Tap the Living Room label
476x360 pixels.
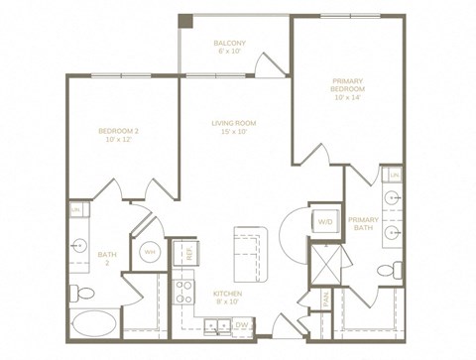[x=234, y=128]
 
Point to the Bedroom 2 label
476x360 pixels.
[x=120, y=135]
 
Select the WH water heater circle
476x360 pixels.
[x=150, y=252]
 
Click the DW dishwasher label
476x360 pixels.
[x=241, y=324]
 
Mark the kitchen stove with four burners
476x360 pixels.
[x=184, y=291]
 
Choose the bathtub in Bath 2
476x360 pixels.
[x=94, y=324]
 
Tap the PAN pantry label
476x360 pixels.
[x=325, y=298]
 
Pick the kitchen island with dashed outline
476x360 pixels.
[x=252, y=252]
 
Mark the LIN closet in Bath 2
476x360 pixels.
[x=76, y=210]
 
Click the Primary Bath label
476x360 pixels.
[x=364, y=224]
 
